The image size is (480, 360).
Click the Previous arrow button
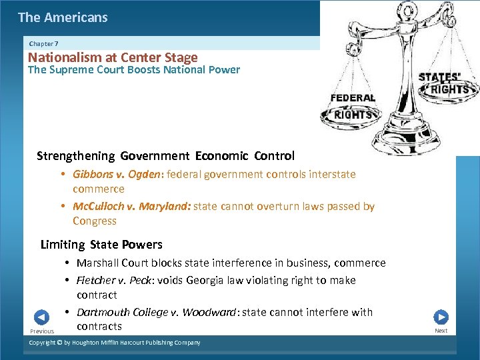tap(41, 317)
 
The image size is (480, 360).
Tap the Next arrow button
tap(441, 317)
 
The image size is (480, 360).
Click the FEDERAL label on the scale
tap(353, 98)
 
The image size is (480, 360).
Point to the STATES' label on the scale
tap(439, 77)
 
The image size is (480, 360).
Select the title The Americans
tap(63, 17)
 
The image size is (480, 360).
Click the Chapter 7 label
tap(43, 43)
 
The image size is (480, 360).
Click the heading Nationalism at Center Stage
tap(113, 57)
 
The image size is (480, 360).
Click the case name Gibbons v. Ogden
tap(117, 174)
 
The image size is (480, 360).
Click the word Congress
tap(95, 221)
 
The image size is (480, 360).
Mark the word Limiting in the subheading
tap(63, 245)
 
